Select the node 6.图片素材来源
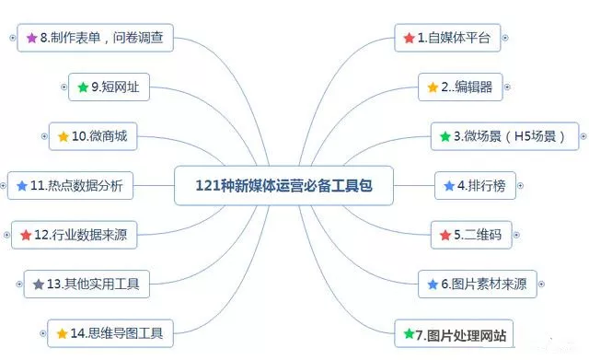tap(477, 284)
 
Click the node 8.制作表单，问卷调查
tap(96, 39)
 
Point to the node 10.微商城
tap(92, 137)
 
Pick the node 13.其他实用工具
tap(86, 284)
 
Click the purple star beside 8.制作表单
tap(31, 39)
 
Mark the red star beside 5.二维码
tap(445, 235)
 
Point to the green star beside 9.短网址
tap(83, 87)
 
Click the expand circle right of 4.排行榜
tap(522, 186)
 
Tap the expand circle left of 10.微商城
tap(44, 137)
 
